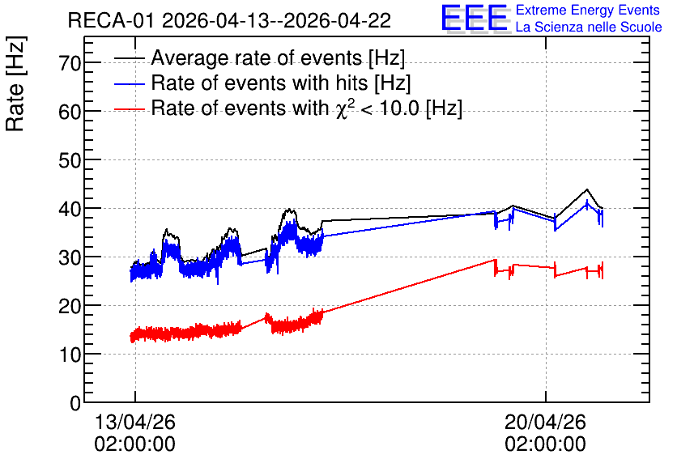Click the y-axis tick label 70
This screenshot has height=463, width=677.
(x=70, y=63)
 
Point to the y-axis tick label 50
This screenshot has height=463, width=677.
(x=70, y=160)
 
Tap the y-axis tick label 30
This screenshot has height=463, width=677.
(x=70, y=257)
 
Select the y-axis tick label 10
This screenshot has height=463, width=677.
(x=70, y=355)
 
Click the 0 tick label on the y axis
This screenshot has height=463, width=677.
(x=75, y=403)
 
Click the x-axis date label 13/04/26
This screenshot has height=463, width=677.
(x=135, y=422)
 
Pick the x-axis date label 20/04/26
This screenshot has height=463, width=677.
(x=545, y=422)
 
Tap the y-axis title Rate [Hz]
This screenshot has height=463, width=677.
(x=15, y=83)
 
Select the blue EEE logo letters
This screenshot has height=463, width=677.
(x=475, y=18)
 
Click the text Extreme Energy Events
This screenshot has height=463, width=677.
(x=588, y=10)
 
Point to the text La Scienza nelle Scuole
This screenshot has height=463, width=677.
(x=589, y=28)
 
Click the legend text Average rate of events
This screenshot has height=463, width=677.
(x=257, y=57)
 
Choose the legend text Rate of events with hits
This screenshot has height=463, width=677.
(x=260, y=83)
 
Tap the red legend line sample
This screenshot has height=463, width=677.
(x=130, y=109)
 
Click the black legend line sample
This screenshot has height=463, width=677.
(x=130, y=58)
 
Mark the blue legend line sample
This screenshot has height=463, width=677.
(x=130, y=83)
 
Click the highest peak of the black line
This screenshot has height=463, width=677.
(x=587, y=189)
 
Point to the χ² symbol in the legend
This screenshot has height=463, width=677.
(x=343, y=108)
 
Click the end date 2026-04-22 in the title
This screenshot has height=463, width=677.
(x=337, y=20)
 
